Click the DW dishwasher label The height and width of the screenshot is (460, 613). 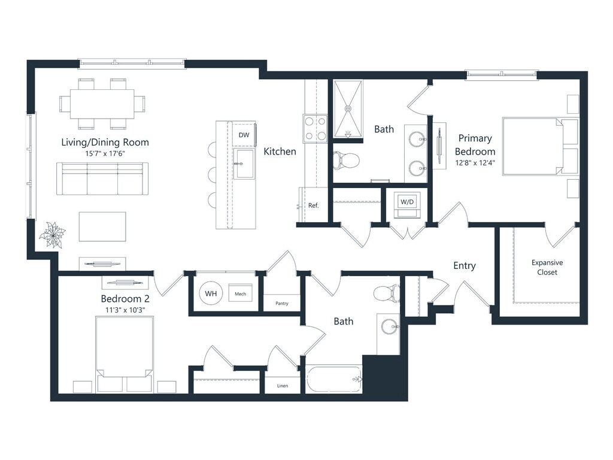pos(244,135)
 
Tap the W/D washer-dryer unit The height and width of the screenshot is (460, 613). pos(407,205)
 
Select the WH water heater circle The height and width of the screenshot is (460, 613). pos(211,293)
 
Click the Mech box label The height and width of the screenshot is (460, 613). pos(241,293)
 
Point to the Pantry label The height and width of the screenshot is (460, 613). pos(282,303)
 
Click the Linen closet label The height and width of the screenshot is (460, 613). pos(283,386)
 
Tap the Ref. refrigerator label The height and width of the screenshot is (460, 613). pos(314,205)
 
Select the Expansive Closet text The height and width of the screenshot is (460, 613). pos(547,267)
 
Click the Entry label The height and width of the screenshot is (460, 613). pos(465,266)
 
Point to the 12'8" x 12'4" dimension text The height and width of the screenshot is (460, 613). pos(475,162)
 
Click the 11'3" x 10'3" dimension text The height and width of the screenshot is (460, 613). pos(125,310)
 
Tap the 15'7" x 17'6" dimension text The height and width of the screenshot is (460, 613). pos(105,153)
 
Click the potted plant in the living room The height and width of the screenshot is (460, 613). pos(53,235)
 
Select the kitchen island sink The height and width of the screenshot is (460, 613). pos(244,163)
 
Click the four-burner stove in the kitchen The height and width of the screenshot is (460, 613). pos(315,129)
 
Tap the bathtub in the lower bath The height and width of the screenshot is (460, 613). pos(335,379)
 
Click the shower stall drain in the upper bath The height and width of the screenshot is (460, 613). pos(348,108)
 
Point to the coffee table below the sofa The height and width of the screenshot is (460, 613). pos(102,226)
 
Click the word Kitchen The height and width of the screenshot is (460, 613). pos(280,152)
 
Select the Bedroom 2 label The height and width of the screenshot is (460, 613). pos(125,299)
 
